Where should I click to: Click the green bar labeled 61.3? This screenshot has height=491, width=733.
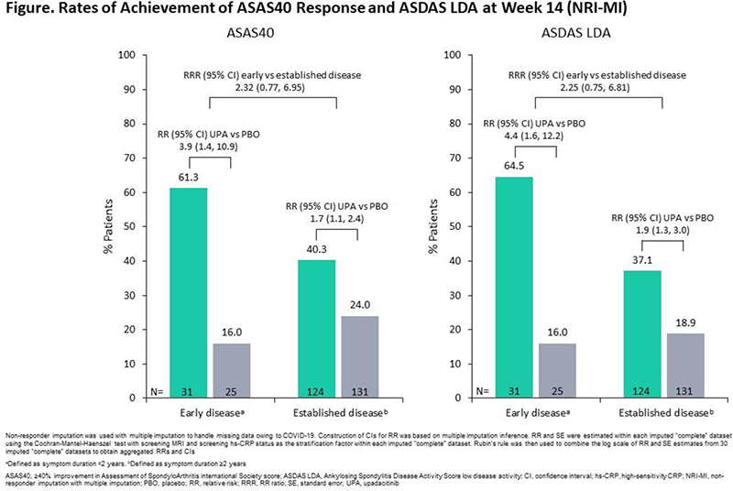pyautogui.click(x=188, y=293)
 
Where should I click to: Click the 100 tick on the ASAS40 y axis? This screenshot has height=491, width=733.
pyautogui.click(x=128, y=55)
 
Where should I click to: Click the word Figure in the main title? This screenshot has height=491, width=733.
pyautogui.click(x=31, y=11)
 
